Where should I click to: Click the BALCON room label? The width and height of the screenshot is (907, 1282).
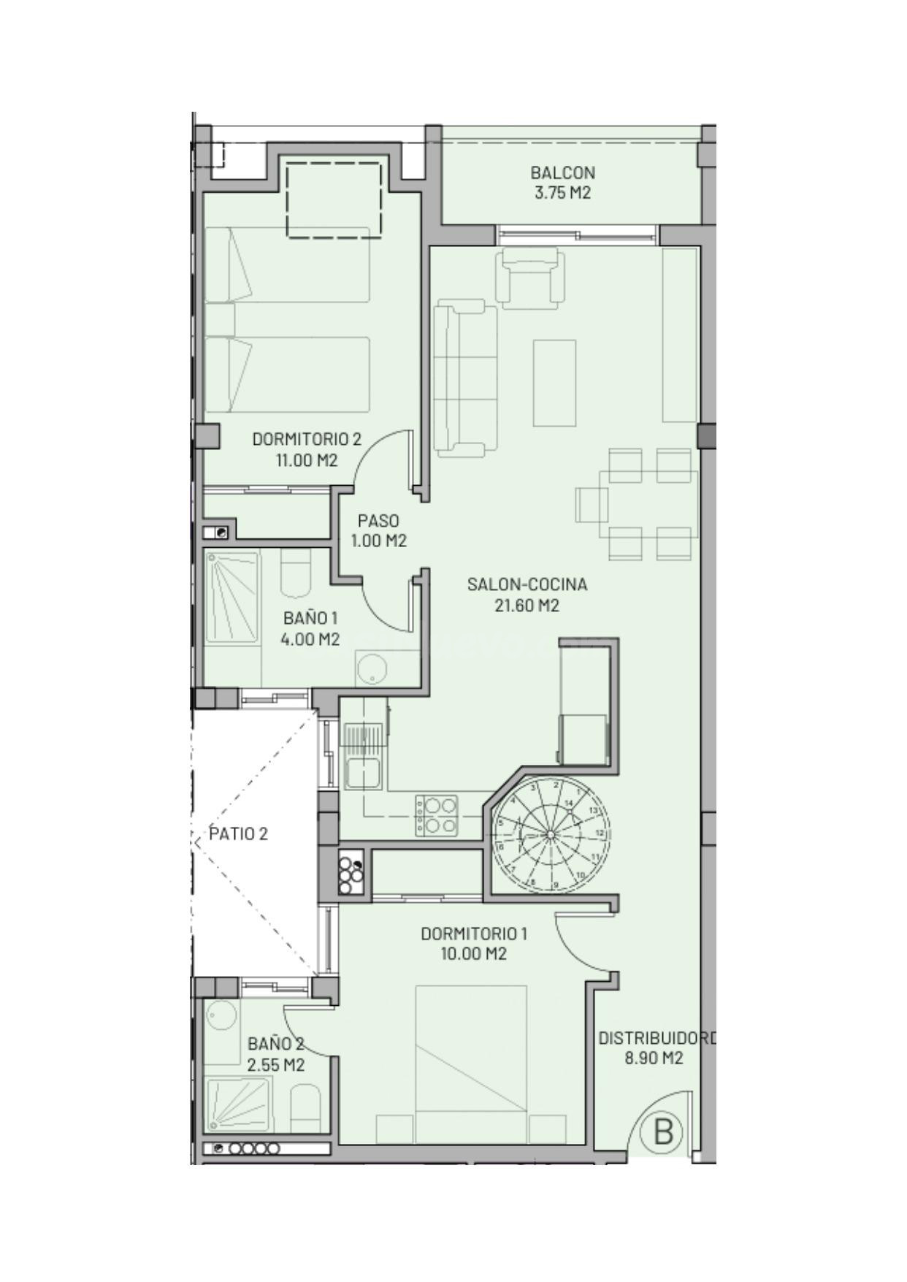tap(562, 173)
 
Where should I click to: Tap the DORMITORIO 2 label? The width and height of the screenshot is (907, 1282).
tap(307, 439)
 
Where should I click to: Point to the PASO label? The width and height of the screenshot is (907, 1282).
tap(378, 521)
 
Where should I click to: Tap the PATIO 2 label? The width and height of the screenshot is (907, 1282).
tap(239, 833)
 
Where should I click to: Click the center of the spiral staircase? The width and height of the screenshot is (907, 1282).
tap(551, 834)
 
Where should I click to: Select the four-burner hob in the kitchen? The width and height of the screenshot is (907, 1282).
tap(437, 815)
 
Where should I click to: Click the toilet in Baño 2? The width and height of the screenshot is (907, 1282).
tap(305, 1108)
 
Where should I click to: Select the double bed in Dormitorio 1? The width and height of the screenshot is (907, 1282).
tap(471, 1064)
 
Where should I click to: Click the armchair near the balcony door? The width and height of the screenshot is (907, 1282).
tap(531, 277)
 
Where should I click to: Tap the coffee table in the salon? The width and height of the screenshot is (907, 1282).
tap(554, 383)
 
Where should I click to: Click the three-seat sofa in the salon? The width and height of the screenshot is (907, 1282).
tap(465, 378)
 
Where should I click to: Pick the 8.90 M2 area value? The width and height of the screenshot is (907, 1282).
tap(654, 1058)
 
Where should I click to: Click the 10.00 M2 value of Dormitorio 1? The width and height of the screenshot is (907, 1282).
tap(474, 953)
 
